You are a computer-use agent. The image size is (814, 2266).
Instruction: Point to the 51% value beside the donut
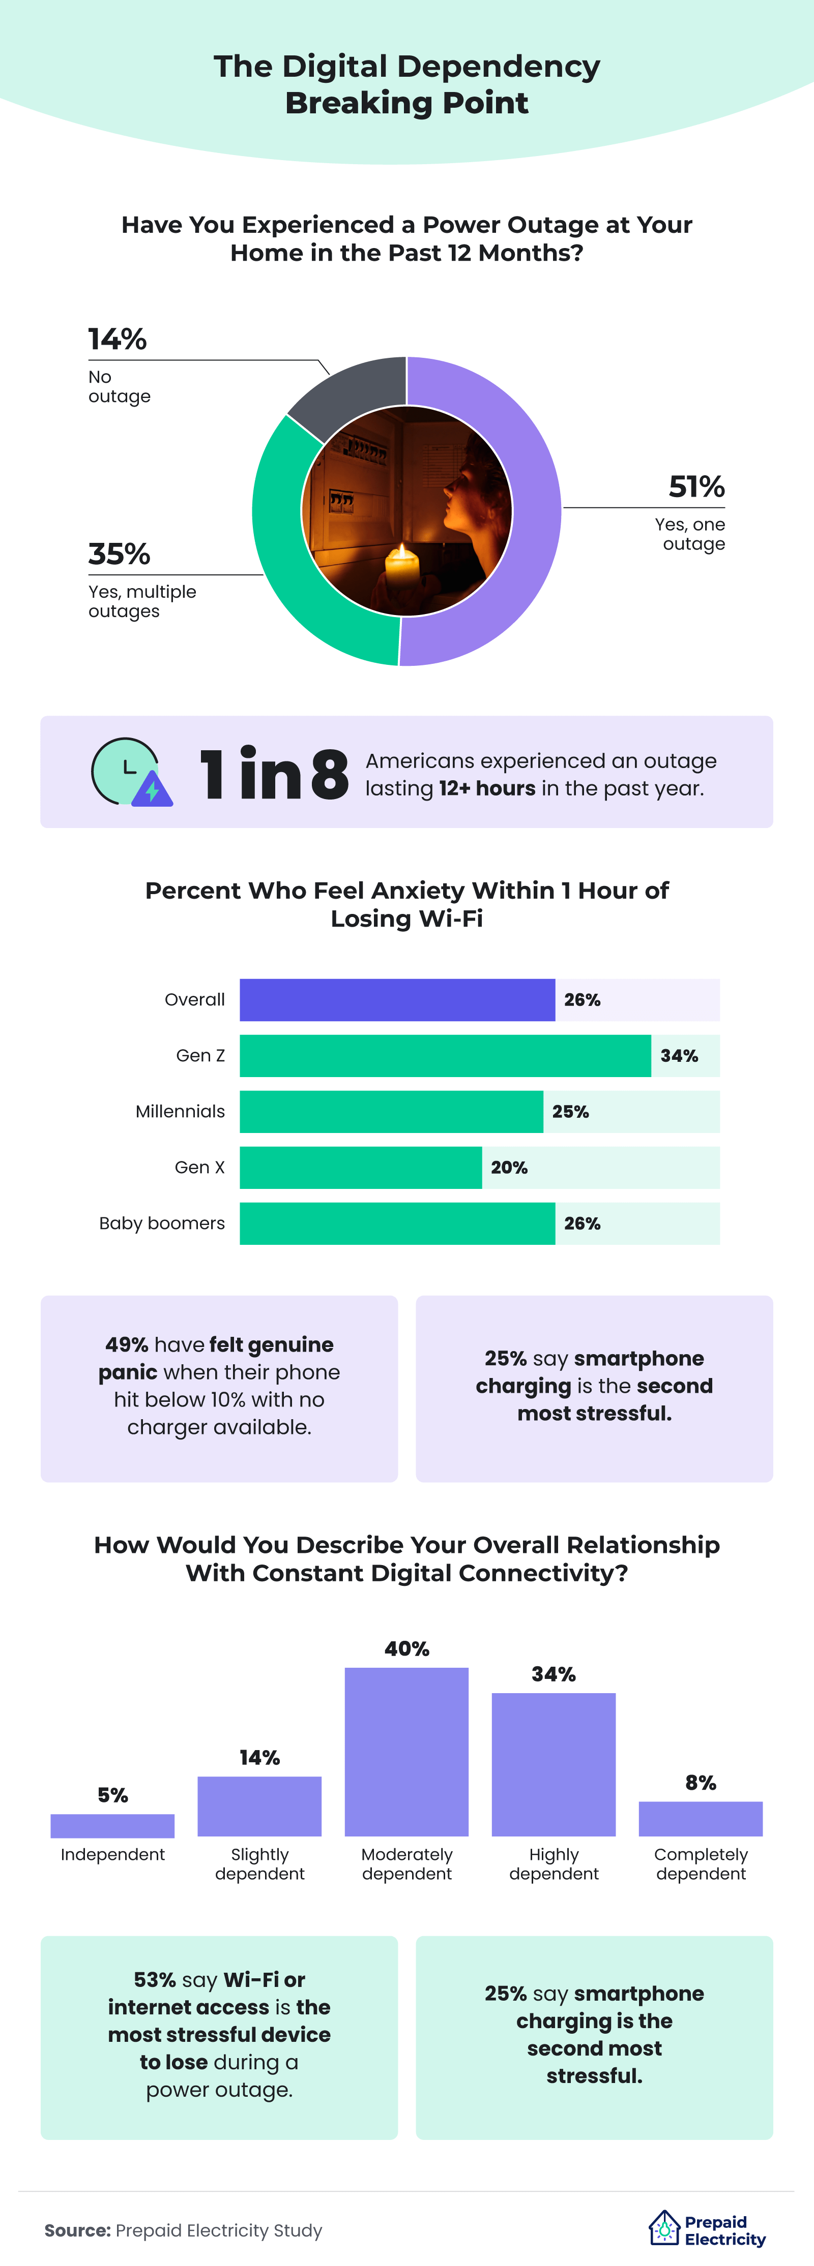[x=696, y=486]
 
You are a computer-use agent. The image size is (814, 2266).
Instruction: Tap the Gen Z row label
[x=200, y=1056]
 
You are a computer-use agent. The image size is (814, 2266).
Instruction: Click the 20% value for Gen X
[x=509, y=1167]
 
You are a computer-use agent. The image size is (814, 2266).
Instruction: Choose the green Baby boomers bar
[x=397, y=1223]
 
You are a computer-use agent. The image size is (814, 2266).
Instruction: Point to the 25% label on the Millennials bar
[x=570, y=1112]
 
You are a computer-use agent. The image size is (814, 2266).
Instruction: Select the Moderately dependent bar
[x=406, y=1752]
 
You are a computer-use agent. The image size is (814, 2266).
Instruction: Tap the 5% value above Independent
[x=112, y=1795]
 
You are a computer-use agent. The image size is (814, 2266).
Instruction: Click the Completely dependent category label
[x=701, y=1864]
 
